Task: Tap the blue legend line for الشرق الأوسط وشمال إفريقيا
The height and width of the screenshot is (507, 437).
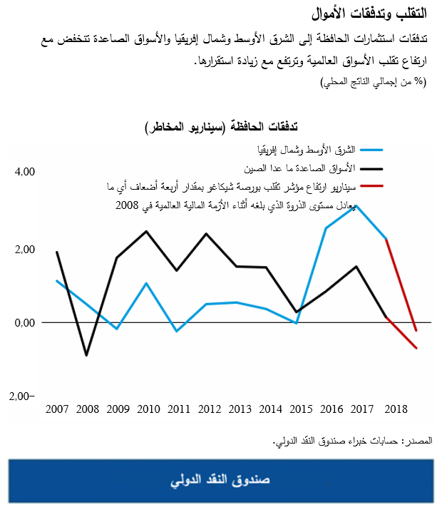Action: click(372, 150)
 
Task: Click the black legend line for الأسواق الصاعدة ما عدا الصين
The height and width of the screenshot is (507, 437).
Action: click(372, 169)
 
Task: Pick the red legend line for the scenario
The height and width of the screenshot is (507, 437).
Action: click(372, 187)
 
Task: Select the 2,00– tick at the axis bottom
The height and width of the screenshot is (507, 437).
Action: click(24, 396)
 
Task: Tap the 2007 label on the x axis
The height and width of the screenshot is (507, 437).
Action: click(56, 410)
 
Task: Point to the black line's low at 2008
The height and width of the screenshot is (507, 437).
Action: click(86, 355)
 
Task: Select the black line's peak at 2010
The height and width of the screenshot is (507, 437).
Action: click(146, 231)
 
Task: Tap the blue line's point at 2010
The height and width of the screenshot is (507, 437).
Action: click(146, 283)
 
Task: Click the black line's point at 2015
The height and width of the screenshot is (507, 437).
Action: click(296, 312)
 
